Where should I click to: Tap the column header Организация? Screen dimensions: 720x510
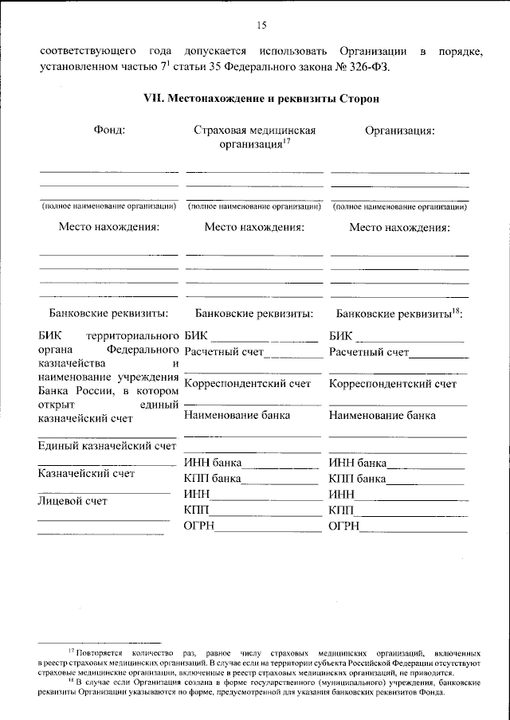(399, 130)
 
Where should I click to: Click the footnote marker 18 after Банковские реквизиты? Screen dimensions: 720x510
(457, 309)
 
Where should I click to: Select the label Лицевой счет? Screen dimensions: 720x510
(72, 501)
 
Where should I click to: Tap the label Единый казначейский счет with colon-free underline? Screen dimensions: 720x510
(106, 445)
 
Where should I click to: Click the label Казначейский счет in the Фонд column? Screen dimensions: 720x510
(86, 473)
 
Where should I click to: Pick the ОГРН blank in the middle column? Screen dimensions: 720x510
(267, 527)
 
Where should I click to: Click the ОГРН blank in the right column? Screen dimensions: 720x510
(413, 527)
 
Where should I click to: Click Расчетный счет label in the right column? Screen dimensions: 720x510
(368, 351)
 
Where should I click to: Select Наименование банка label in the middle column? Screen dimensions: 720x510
(237, 415)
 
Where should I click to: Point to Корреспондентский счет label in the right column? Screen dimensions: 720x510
(393, 384)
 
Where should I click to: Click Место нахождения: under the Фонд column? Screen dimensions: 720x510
(108, 227)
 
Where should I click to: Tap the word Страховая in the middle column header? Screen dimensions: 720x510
(219, 130)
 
